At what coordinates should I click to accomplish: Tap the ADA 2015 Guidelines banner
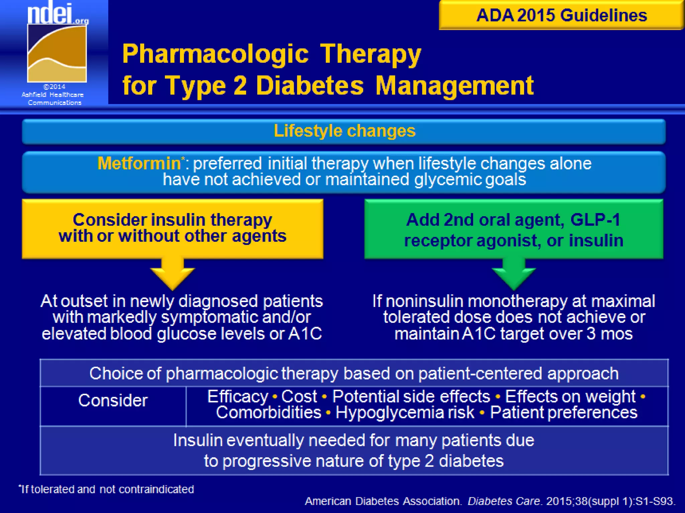point(561,15)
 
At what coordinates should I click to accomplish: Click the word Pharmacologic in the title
point(215,54)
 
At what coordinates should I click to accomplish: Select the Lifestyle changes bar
point(344,131)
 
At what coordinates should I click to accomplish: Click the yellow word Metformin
point(139,164)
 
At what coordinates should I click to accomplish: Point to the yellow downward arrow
point(173,274)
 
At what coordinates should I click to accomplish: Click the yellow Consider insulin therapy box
point(173,228)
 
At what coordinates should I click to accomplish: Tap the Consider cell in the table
point(113,400)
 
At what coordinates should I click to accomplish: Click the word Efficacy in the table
point(237,397)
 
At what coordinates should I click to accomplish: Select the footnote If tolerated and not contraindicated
point(106,489)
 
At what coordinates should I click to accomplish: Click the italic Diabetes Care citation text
point(504,501)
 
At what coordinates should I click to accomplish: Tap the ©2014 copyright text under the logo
point(55,87)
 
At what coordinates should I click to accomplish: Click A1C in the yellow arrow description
point(305,334)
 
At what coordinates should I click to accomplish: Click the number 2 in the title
point(240,86)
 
